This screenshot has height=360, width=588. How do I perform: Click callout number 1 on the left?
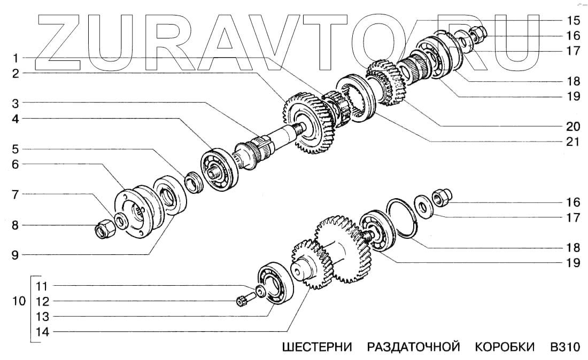[x=17, y=57]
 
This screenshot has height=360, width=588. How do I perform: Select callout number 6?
[x=16, y=165]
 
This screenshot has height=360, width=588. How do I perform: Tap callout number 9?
[x=16, y=255]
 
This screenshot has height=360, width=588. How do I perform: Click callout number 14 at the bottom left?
[x=42, y=332]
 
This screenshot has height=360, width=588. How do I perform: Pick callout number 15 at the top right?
[x=573, y=21]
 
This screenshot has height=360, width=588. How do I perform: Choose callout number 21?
[x=573, y=142]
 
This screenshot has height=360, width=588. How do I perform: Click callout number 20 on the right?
[x=573, y=127]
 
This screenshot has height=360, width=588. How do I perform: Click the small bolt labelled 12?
[x=241, y=302]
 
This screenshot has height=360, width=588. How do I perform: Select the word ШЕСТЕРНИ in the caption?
[x=317, y=347]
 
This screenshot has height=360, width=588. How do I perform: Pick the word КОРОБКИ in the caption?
[x=504, y=347]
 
